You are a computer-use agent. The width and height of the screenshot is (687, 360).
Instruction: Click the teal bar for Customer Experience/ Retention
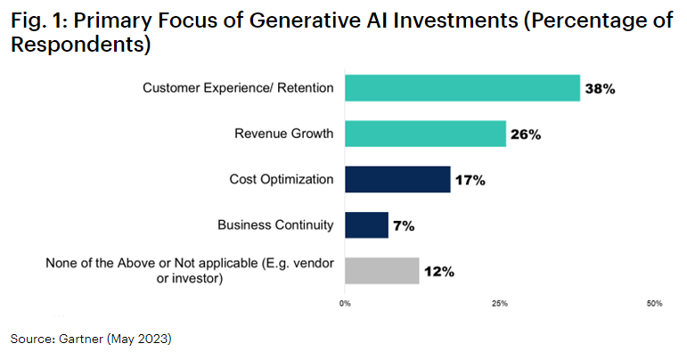point(462,88)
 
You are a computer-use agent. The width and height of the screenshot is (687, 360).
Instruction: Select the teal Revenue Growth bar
point(425,134)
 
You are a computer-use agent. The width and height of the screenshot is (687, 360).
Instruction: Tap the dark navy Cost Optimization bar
point(397,179)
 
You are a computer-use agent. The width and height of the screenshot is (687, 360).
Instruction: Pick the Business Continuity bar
point(366,225)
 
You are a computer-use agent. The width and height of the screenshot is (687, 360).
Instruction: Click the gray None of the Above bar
point(381,271)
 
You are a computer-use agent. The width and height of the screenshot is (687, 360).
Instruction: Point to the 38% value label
point(600,89)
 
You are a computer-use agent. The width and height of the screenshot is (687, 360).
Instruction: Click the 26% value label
point(526,135)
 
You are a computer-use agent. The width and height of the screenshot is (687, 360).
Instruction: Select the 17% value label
point(470,180)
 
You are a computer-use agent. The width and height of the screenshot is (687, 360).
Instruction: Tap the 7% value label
point(404,225)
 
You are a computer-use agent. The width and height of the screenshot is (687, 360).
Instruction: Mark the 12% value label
point(438,272)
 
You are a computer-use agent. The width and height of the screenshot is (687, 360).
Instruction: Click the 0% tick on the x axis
point(345,304)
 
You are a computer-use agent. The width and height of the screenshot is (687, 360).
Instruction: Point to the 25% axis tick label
point(499,304)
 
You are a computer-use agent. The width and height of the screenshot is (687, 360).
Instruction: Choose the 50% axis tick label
point(654,304)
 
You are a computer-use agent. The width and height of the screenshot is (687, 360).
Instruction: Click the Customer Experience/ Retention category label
point(239,87)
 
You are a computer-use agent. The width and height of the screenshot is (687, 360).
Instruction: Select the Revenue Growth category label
point(284,134)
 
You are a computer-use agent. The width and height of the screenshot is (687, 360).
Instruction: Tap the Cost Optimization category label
point(281,179)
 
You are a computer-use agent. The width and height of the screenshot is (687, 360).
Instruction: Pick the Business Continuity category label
point(275,225)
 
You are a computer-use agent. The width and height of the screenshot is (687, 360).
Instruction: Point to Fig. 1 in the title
point(37,23)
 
